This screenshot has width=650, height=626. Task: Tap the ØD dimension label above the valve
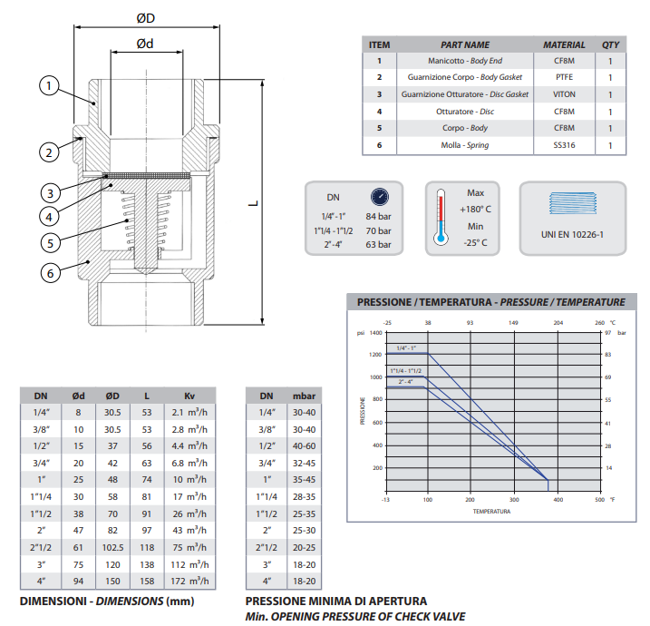click(145, 17)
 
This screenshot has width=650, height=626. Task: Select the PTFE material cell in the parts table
click(564, 77)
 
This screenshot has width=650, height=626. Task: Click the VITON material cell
click(564, 94)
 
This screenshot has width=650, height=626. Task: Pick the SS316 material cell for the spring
click(564, 145)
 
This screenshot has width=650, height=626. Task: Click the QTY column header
click(610, 44)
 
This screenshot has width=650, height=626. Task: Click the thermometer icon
click(441, 218)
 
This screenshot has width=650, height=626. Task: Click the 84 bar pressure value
click(378, 216)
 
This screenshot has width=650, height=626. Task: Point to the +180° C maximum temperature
click(477, 209)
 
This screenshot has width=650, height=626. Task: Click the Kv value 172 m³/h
click(189, 581)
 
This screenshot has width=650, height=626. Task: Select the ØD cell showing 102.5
click(112, 548)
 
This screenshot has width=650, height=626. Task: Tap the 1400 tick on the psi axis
click(375, 333)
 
